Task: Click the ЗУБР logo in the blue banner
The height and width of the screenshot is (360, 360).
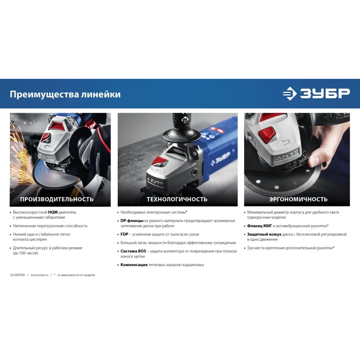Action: [x=316, y=94]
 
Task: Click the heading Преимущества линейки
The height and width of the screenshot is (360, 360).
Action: [x=65, y=94]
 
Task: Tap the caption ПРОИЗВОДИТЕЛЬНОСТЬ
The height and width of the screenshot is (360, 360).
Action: [x=57, y=199]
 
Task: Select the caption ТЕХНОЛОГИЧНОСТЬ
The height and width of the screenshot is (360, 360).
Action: [x=177, y=199]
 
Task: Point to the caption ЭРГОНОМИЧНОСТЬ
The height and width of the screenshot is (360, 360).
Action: [x=298, y=199]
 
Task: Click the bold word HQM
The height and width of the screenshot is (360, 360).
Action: [x=53, y=212]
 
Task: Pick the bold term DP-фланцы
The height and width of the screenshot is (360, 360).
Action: [x=132, y=221]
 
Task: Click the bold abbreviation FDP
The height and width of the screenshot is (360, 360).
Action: [x=125, y=234]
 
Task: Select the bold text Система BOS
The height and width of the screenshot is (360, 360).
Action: [x=134, y=251]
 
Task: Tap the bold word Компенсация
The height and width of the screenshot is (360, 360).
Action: [x=134, y=265]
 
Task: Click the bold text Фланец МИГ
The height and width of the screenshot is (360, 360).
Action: [x=260, y=226]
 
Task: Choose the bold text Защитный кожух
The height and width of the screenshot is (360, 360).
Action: [x=264, y=234]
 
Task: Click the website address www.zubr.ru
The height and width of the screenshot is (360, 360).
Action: [x=40, y=275]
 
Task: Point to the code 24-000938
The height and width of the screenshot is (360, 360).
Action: [x=17, y=275]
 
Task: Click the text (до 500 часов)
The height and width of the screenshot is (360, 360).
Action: [x=26, y=253]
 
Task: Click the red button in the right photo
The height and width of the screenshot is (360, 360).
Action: [x=267, y=134]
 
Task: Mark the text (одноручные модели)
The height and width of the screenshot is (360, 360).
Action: [x=266, y=217]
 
